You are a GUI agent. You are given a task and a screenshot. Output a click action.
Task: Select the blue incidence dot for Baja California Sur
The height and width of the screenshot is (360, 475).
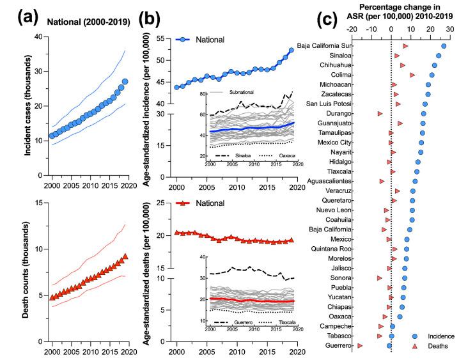tap(444, 46)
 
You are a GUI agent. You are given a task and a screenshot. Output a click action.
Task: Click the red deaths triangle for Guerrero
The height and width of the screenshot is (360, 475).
tap(360, 345)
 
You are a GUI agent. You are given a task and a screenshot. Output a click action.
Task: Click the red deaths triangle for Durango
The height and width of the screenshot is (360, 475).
tap(380, 113)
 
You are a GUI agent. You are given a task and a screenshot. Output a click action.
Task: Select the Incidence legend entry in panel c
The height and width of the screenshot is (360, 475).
tap(440, 336)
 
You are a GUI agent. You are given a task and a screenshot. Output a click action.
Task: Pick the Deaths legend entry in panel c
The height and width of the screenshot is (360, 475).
tap(437, 346)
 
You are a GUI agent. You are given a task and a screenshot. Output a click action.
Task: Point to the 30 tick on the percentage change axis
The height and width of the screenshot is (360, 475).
tap(450, 29)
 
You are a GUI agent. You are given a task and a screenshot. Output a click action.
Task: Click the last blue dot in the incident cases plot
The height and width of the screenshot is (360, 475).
tap(125, 81)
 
